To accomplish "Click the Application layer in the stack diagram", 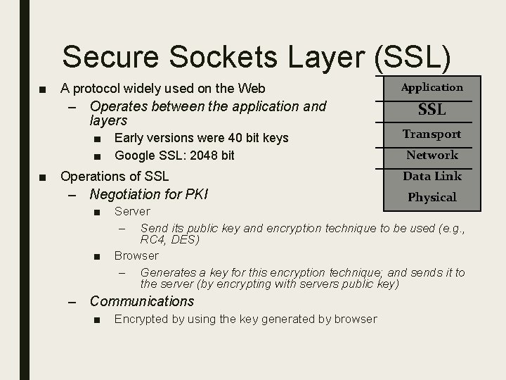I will point(432,87).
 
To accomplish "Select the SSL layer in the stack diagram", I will point(432,110).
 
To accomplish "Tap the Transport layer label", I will point(432,134).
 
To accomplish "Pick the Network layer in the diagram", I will point(432,155).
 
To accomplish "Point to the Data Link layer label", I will point(432,176).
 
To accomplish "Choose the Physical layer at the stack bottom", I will point(432,198).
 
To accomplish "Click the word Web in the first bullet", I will point(252,89).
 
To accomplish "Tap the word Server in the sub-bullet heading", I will point(132,211).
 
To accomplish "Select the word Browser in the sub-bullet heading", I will point(136,255).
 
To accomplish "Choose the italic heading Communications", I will point(142,301).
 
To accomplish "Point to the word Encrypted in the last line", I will point(141,319).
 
